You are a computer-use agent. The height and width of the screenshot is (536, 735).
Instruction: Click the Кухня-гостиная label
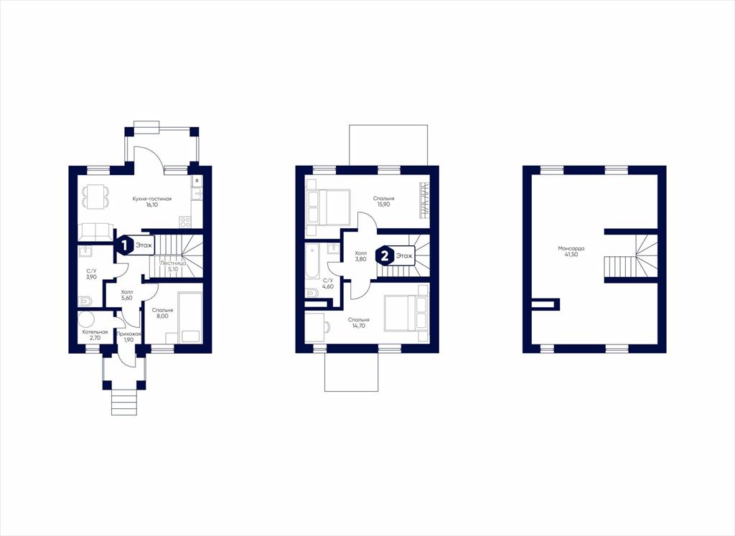pos(152,199)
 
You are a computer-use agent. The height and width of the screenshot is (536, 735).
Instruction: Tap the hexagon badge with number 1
pos(125,245)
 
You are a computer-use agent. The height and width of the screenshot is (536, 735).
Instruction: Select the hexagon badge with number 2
pos(385,256)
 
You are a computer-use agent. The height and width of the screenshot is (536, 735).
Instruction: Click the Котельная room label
pos(95,332)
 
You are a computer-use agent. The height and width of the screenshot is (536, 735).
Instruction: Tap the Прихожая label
pos(129,334)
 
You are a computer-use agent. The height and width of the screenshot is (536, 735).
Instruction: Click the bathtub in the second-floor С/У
pos(312,264)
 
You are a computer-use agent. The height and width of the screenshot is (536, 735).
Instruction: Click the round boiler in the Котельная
pos(87,319)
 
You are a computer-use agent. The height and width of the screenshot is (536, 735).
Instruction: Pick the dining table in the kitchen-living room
pos(95,197)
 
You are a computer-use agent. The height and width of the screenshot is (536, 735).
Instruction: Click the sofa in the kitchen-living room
pos(95,232)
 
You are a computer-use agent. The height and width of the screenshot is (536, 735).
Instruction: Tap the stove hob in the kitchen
pos(185,221)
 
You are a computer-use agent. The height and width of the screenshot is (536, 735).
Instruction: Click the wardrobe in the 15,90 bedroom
pos(423,199)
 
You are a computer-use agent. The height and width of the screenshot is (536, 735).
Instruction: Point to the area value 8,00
pos(163,316)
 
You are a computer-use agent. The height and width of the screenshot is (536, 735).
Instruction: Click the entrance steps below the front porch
pos(124,403)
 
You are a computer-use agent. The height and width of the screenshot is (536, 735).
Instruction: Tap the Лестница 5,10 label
pos(174,266)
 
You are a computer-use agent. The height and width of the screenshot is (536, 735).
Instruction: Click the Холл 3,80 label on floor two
pos(360,256)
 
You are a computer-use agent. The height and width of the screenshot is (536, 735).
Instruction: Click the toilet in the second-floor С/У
pos(312,293)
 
